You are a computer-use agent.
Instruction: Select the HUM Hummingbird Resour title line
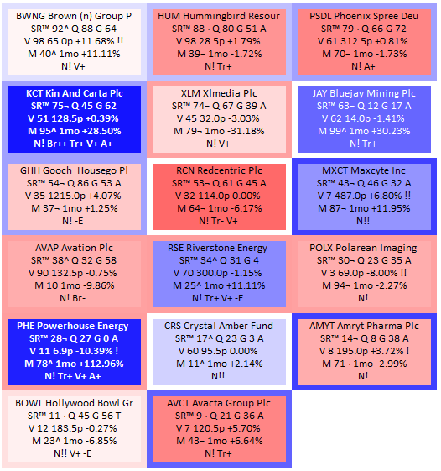click(219, 16)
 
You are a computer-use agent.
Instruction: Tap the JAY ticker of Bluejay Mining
click(319, 93)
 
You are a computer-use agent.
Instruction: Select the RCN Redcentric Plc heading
click(219, 170)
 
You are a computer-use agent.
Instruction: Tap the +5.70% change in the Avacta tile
click(246, 428)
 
